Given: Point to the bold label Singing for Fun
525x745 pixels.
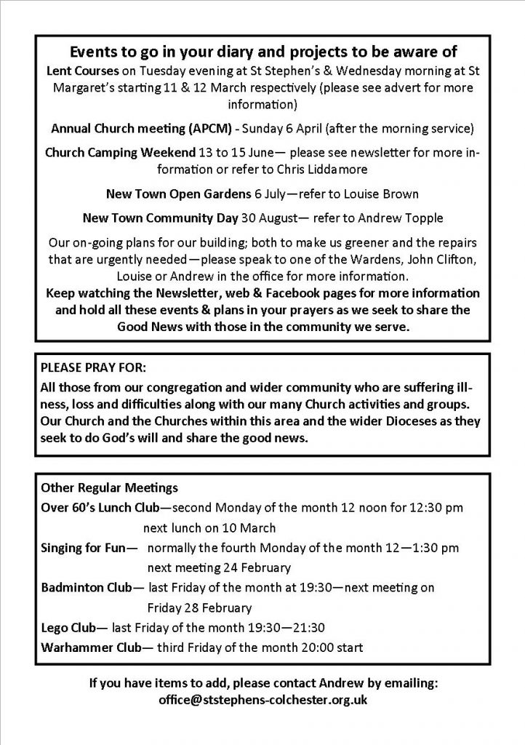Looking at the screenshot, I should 84,546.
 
